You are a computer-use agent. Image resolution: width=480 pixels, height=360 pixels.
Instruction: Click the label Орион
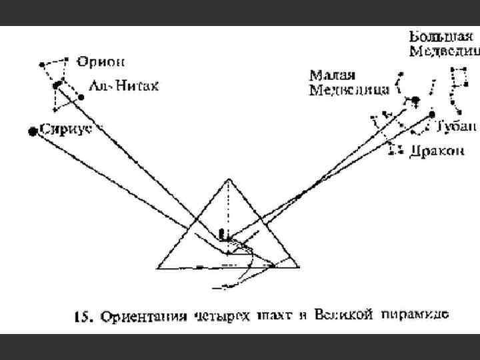click(100, 62)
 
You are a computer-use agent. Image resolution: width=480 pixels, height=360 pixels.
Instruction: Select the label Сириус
click(65, 128)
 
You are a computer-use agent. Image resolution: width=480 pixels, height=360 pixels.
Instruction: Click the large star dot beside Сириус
click(31, 132)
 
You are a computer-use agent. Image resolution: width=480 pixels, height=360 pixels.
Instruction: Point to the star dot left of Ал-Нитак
click(81, 97)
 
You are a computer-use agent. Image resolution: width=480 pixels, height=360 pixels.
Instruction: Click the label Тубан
click(457, 127)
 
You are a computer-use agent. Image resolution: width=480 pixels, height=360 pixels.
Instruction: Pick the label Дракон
click(436, 151)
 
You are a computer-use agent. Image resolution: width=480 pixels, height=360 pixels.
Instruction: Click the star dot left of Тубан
click(431, 115)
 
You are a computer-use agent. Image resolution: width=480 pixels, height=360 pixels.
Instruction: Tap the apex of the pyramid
click(227, 179)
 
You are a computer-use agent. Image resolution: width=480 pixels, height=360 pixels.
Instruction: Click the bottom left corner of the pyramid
click(155, 267)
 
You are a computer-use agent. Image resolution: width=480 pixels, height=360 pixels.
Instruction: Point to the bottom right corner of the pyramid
click(299, 267)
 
